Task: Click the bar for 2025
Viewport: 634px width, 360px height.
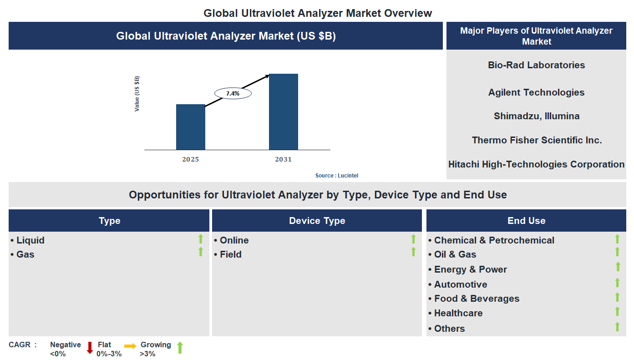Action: pos(190,127)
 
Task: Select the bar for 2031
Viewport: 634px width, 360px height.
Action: pos(283,112)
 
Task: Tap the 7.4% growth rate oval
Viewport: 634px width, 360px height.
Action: pos(233,93)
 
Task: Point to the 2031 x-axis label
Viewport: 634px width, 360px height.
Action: pos(283,159)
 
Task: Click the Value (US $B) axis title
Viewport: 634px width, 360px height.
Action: pos(137,94)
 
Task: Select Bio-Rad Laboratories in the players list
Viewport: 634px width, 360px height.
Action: pos(536,65)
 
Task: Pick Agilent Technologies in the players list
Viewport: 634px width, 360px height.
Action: pos(536,92)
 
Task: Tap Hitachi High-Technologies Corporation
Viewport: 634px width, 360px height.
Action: pos(536,164)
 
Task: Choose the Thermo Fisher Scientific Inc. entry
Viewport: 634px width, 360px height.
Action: pos(537,140)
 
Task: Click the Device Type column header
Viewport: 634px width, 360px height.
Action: pos(317,221)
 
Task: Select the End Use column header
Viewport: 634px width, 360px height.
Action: pos(526,221)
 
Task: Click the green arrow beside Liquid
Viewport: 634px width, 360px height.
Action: pos(200,239)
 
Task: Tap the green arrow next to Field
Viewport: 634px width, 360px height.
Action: pos(413,252)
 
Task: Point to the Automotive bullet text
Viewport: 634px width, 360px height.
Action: pos(460,284)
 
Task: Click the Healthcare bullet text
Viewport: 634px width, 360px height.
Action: pos(458,313)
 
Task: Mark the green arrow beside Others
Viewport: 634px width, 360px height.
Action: pos(617,327)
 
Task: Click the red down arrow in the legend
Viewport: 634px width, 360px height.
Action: pos(90,348)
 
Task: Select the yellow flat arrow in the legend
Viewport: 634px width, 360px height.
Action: pos(130,346)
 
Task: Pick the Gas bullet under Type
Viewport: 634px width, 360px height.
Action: pos(25,254)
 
